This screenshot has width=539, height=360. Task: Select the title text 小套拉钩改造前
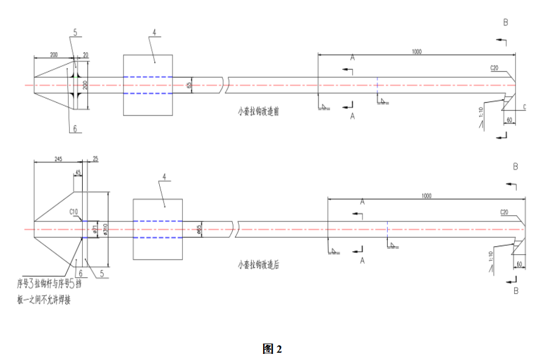coord(259,111)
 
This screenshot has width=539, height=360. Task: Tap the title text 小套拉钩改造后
coord(259,265)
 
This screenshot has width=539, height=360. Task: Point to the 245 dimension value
coord(58,159)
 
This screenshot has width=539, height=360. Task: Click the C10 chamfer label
coord(74,212)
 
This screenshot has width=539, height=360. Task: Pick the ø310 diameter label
coord(105,229)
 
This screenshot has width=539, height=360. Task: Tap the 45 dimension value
coord(78,173)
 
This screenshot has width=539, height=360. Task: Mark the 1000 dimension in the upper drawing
coord(416,52)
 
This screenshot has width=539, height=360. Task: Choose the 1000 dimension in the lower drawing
coord(425,195)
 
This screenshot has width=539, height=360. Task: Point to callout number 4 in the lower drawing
coord(163,178)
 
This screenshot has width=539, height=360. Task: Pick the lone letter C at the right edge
coord(524,107)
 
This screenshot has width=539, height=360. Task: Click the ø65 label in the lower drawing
coord(199,229)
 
